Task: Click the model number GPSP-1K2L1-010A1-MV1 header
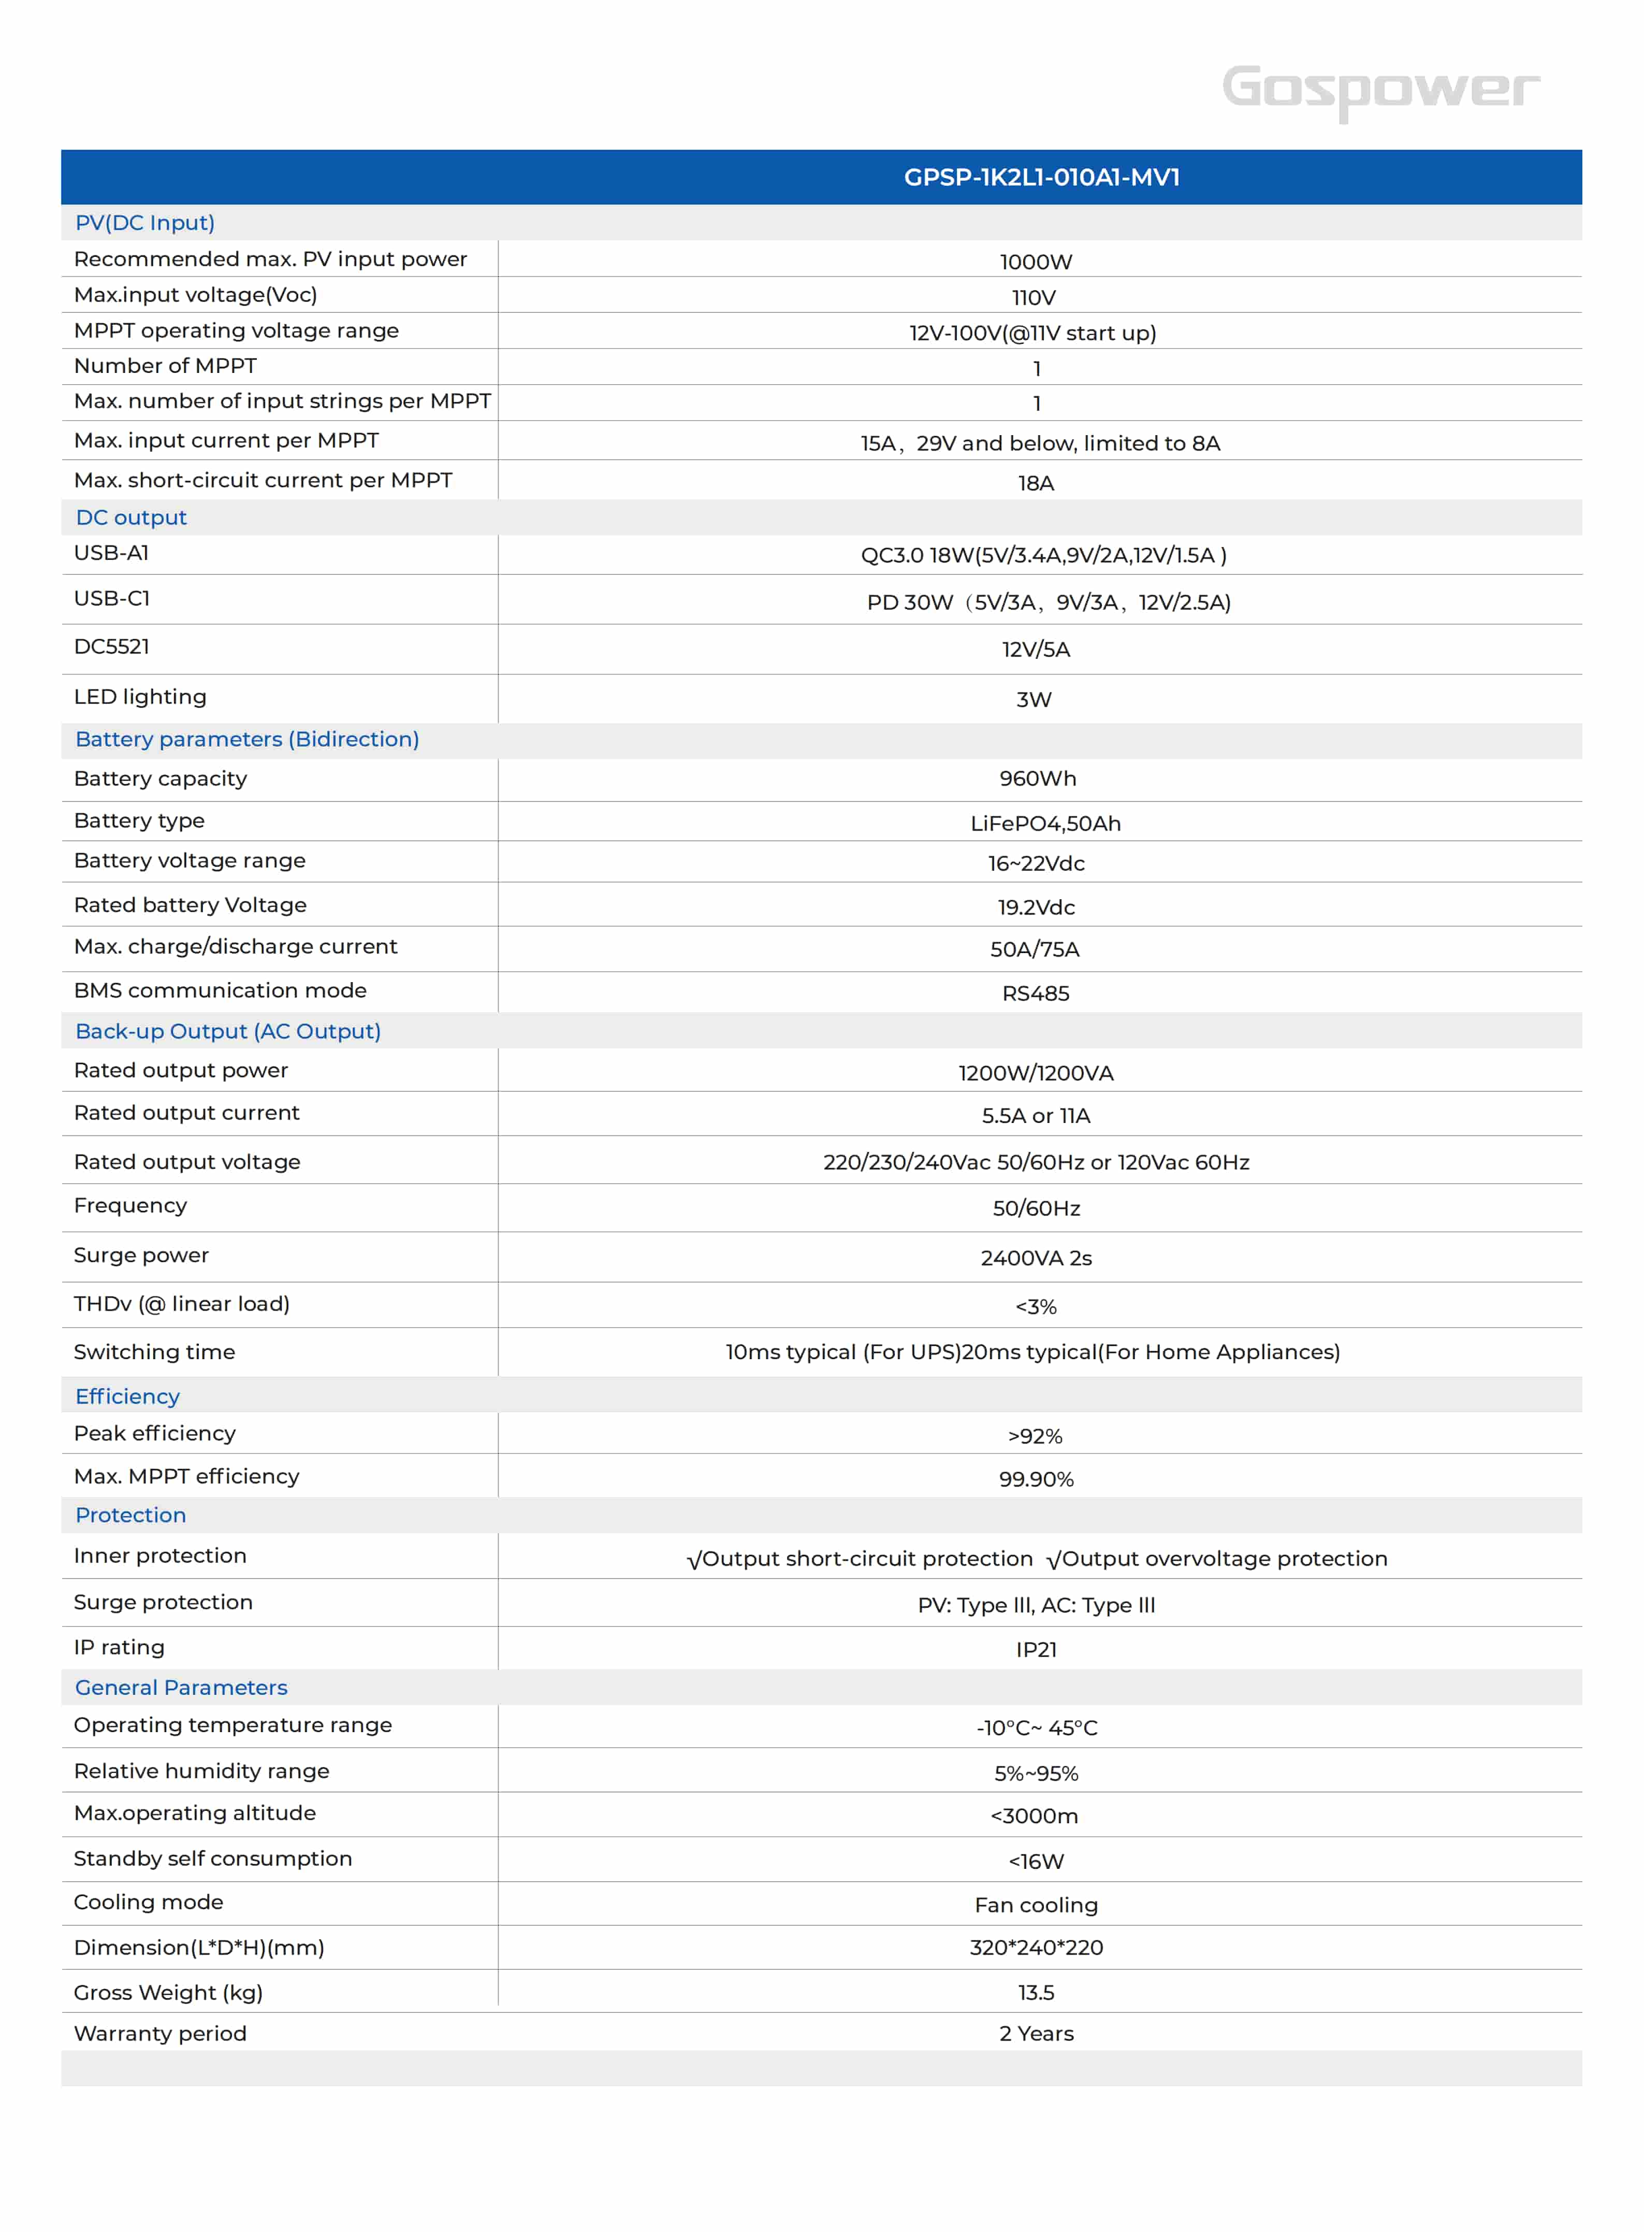(x=1041, y=177)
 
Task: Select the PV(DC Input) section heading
(x=146, y=223)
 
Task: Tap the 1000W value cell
(x=1036, y=262)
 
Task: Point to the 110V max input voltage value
(x=1034, y=298)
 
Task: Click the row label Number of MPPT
(x=165, y=366)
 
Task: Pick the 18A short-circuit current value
(x=1036, y=483)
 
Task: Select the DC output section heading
(x=132, y=517)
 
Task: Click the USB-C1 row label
(x=111, y=598)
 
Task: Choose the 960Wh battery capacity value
(x=1037, y=779)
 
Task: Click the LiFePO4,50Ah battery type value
(x=1045, y=823)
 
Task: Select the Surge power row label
(x=141, y=1256)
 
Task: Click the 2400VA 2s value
(x=1036, y=1258)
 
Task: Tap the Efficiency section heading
(x=127, y=1396)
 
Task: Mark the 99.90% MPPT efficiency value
(x=1036, y=1479)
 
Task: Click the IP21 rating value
(x=1036, y=1650)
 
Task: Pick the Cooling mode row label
(x=148, y=1903)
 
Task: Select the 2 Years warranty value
(x=1036, y=2034)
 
